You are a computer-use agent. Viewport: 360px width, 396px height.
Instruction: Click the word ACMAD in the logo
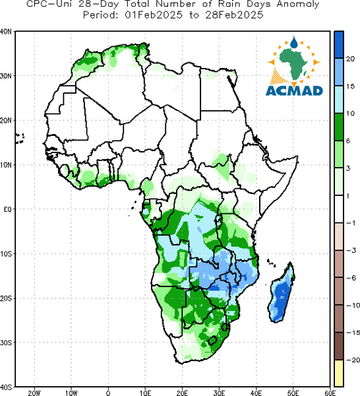click(x=294, y=91)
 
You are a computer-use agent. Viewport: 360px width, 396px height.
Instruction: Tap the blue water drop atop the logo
click(x=293, y=42)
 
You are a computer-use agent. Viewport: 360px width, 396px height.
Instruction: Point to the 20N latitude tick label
click(x=6, y=121)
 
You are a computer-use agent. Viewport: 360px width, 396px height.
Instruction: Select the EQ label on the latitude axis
click(x=7, y=209)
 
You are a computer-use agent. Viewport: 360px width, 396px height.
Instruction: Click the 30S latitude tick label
click(x=6, y=343)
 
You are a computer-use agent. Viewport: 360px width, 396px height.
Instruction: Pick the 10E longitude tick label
click(x=145, y=393)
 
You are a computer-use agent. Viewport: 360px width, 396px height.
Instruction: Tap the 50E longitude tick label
click(x=293, y=393)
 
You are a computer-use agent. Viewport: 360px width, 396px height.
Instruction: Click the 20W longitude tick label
click(x=34, y=393)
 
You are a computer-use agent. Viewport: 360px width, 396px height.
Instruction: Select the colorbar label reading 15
click(x=350, y=86)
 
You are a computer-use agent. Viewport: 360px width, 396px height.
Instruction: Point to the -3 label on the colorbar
click(x=351, y=250)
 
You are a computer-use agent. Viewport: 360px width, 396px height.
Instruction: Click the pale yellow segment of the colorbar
click(x=339, y=373)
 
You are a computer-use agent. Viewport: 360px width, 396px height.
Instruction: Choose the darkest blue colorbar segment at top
click(x=339, y=45)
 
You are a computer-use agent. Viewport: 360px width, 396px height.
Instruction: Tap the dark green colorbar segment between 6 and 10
click(x=339, y=127)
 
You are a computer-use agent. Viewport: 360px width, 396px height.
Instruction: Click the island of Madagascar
click(x=281, y=294)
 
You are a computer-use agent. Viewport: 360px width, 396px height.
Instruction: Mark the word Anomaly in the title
click(x=298, y=5)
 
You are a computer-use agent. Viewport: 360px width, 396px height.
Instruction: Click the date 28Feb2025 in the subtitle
click(x=234, y=15)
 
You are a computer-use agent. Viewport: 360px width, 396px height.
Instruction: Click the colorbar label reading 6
click(x=348, y=141)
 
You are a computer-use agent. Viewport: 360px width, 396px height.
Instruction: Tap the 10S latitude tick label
click(x=6, y=254)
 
